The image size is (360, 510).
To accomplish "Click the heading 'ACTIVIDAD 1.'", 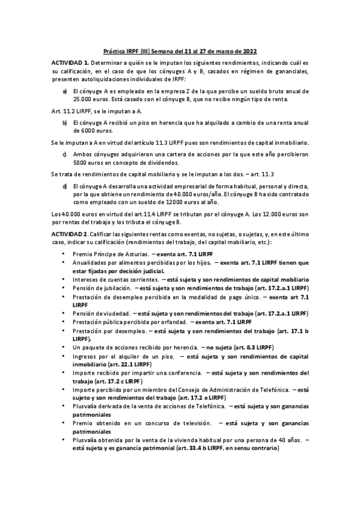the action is click(70, 63).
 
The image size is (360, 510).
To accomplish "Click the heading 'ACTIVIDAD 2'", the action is click(70, 233).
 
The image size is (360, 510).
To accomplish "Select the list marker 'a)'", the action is click(65, 91).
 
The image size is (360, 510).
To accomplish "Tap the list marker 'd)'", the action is click(65, 186).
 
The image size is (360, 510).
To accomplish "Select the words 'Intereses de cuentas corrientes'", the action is click(115, 280).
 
